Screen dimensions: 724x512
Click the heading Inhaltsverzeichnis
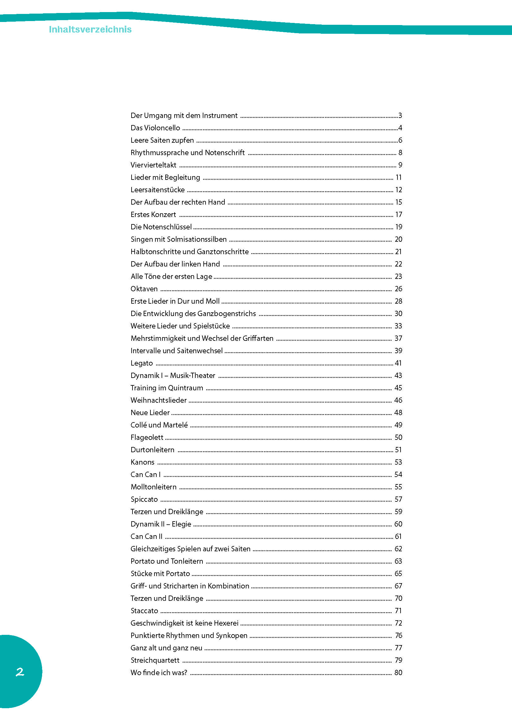(90, 29)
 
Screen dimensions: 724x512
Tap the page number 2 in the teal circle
(20, 672)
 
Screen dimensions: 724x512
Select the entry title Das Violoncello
(155, 128)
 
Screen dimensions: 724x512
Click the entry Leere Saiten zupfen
(162, 140)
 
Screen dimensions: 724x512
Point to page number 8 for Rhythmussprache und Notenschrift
(400, 153)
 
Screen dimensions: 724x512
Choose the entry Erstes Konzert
(153, 215)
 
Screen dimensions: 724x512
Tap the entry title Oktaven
(144, 289)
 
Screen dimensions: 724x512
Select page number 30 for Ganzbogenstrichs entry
(398, 314)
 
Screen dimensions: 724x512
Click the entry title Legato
(141, 363)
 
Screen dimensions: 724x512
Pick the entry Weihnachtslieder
(158, 400)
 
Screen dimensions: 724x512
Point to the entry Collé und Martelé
(159, 425)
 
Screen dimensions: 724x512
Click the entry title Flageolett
(147, 437)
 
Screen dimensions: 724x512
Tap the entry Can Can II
(146, 536)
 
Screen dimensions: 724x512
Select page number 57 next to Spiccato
(398, 499)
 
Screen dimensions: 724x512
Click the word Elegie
(181, 524)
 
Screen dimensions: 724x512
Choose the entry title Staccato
(144, 611)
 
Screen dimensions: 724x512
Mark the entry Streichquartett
(155, 660)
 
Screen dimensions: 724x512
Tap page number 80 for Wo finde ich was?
(398, 673)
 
